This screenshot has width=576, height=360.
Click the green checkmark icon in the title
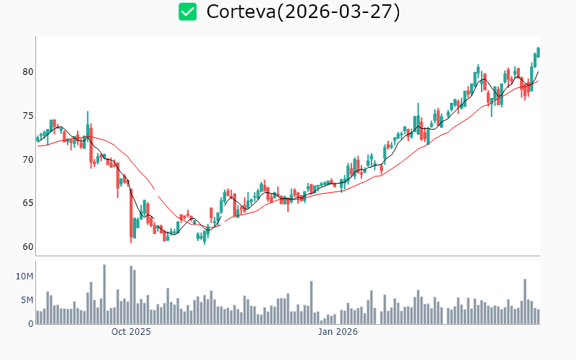(x=188, y=12)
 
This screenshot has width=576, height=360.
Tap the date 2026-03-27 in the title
(x=339, y=12)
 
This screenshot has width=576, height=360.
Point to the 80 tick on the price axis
(x=27, y=72)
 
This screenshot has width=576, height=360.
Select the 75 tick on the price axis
(x=27, y=116)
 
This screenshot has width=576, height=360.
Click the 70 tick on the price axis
(x=27, y=159)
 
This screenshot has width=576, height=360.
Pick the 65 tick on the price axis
(x=27, y=203)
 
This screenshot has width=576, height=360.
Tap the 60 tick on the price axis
(x=27, y=246)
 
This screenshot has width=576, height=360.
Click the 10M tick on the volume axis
(x=24, y=276)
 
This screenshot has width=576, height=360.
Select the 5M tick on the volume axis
(x=27, y=300)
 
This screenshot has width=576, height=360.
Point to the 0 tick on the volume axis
(x=30, y=324)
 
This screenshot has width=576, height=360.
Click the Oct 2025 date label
(x=131, y=332)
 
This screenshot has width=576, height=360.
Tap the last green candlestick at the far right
(x=538, y=52)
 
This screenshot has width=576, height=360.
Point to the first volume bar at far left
(x=37, y=318)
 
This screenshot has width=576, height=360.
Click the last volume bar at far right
(x=538, y=317)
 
